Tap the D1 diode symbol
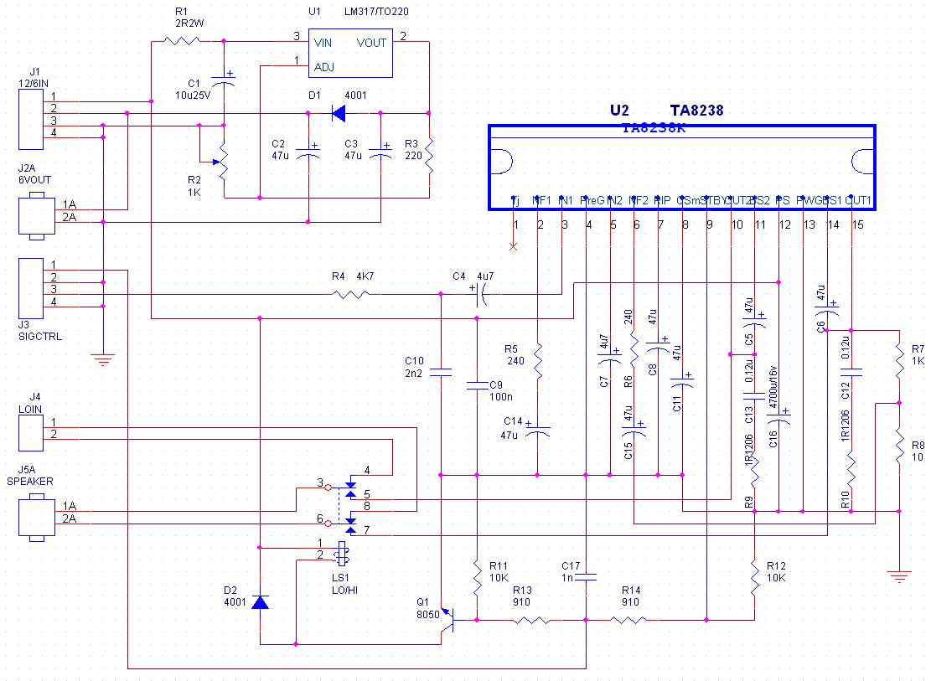click(x=339, y=113)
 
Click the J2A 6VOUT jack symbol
click(x=33, y=214)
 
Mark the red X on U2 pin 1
click(x=514, y=246)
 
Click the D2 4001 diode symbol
click(x=261, y=602)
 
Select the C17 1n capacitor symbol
click(x=587, y=577)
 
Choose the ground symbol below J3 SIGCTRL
click(x=103, y=360)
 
